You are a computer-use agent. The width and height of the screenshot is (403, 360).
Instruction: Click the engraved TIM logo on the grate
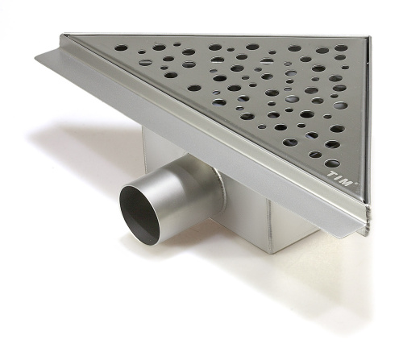[339, 178]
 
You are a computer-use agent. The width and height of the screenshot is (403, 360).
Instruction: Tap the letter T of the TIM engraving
[330, 174]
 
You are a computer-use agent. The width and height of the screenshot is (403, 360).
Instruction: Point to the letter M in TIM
[347, 183]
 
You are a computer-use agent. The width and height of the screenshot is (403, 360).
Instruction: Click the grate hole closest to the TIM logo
[332, 163]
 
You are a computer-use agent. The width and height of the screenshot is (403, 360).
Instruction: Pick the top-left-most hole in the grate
[121, 48]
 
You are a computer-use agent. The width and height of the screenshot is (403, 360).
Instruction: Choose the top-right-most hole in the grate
[341, 48]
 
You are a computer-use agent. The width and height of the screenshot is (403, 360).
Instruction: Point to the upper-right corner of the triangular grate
[368, 36]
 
